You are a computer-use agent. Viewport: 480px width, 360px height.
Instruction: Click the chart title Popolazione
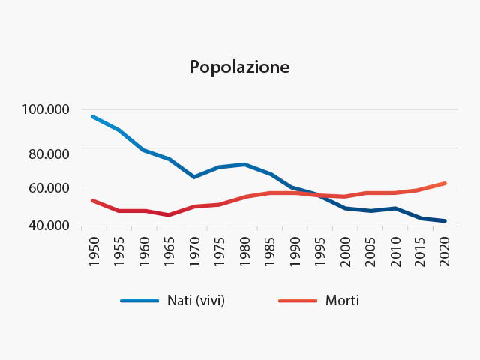pos(239,67)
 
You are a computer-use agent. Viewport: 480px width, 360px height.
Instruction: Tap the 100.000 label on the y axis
pos(46,109)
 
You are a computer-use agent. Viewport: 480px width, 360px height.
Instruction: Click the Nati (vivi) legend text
pos(196,301)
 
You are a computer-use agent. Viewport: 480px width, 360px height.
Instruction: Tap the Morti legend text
pos(342,301)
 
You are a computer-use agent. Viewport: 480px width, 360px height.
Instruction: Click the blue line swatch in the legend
pos(139,301)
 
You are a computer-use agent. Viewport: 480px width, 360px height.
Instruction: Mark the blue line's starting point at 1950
pos(92,116)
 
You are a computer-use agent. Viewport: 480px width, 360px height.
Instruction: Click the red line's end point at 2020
pos(445,183)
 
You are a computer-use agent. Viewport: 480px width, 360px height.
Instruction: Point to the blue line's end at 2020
pos(445,221)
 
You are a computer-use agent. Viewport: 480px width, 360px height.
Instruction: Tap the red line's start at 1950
pos(92,200)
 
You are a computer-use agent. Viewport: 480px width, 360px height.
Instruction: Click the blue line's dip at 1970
pos(193,177)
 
